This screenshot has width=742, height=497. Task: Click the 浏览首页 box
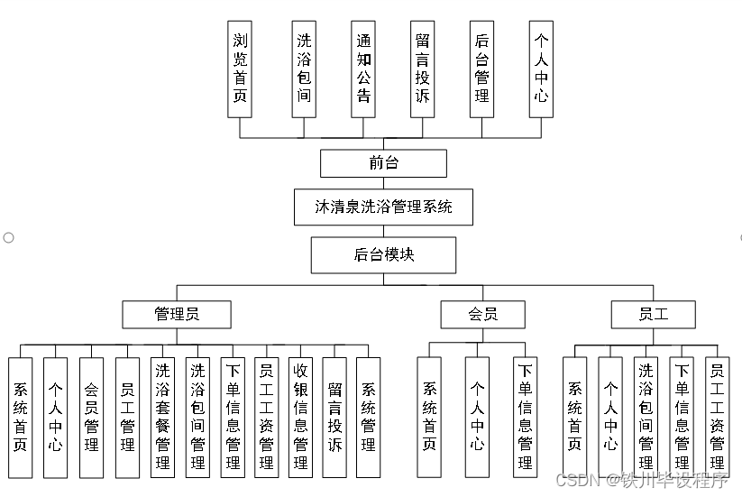pos(240,69)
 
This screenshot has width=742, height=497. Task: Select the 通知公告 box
pos(363,69)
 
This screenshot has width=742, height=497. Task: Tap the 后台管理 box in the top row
pos(481,69)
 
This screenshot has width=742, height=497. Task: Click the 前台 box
pos(383,163)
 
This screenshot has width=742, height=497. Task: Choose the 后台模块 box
pos(383,254)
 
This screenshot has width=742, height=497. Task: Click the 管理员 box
pos(177,314)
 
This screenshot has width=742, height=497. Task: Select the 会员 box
pos(482,314)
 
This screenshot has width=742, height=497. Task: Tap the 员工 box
pos(653,314)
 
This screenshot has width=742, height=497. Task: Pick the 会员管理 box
pos(91,417)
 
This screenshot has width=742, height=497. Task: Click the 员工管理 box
pos(127,417)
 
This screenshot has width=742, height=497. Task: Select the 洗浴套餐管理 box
pos(162,417)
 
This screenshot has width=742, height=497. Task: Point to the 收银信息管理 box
pos(300,417)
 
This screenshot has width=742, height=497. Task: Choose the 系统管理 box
pos(368,417)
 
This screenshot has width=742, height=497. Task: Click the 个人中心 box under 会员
pos(477,417)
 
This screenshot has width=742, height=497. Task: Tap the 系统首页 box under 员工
pos(574,417)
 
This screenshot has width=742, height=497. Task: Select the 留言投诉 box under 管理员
pos(334,417)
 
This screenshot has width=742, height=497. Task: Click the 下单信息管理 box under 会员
pos(525,417)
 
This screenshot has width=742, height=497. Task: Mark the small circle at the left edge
pos(8,237)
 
